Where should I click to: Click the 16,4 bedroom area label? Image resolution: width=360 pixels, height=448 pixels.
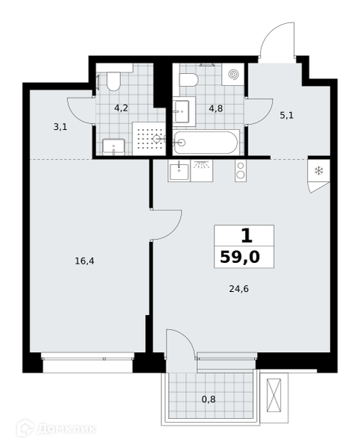pos(84,261)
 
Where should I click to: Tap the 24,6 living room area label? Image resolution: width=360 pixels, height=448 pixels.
pos(239,289)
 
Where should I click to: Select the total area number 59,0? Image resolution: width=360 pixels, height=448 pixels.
pos(240,257)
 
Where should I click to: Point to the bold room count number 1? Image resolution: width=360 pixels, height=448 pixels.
pos(246,236)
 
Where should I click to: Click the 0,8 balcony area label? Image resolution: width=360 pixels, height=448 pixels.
pos(208,399)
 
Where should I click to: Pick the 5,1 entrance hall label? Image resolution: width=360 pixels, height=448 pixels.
pos(287,116)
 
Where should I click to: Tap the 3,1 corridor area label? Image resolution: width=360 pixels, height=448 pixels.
pos(60,127)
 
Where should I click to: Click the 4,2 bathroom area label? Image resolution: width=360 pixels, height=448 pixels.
pos(121,108)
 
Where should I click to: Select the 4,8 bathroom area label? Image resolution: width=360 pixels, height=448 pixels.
pos(216,108)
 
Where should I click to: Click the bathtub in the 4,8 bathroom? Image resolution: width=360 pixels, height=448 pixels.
pos(205,143)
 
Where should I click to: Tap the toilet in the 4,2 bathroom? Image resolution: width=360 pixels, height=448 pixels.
pos(114,81)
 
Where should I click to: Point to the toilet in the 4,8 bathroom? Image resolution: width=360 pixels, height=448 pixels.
pos(189,80)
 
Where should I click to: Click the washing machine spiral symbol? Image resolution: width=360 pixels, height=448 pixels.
pos(233,75)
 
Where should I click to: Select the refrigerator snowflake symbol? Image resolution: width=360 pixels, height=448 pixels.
pos(319,171)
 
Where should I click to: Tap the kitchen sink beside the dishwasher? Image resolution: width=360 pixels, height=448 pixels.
pos(179,171)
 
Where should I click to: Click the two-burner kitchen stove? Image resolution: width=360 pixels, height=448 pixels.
pos(240,171)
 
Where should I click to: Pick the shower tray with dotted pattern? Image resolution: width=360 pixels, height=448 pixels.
pos(149,139)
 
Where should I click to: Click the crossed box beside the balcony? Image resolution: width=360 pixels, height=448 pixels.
pos(273,395)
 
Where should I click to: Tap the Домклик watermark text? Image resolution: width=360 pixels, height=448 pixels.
pos(66,429)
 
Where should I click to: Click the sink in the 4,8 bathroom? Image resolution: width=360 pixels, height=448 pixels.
pos(181,111)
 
